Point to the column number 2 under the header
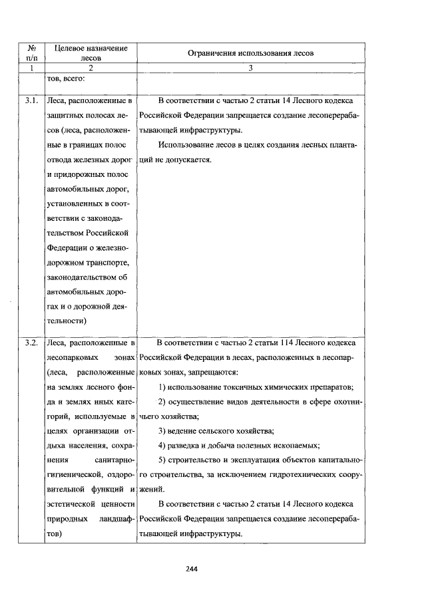point(91,68)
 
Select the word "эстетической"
point(76,504)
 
